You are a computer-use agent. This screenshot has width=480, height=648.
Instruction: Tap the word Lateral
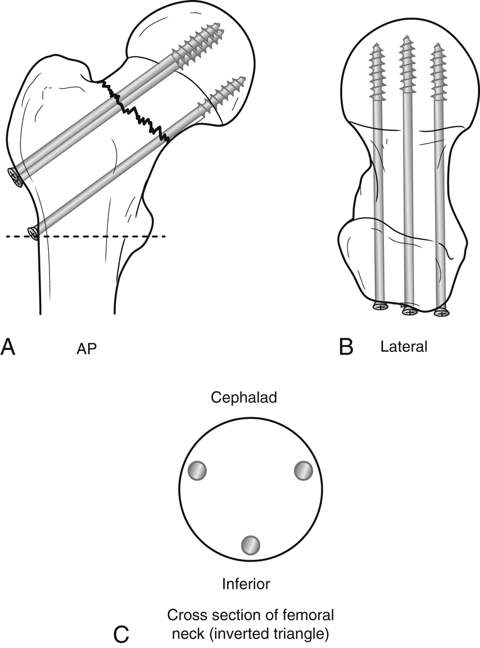tap(404, 347)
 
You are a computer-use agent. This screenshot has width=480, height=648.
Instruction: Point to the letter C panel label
tap(122, 634)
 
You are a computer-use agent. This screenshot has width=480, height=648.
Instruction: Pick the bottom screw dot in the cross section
tap(251, 544)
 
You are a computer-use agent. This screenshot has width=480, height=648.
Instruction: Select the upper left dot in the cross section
tap(197, 470)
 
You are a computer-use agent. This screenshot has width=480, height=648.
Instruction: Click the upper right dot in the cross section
tap(302, 470)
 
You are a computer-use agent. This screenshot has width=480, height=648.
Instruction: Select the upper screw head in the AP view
tap(15, 177)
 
